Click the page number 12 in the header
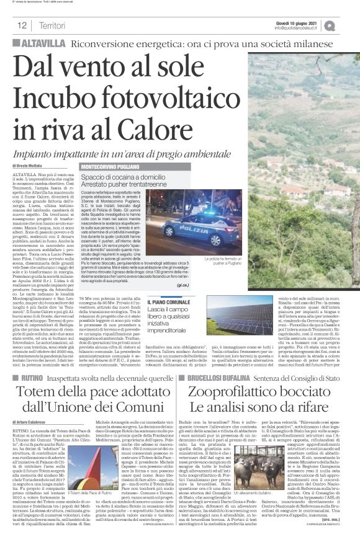tap(22, 25)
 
